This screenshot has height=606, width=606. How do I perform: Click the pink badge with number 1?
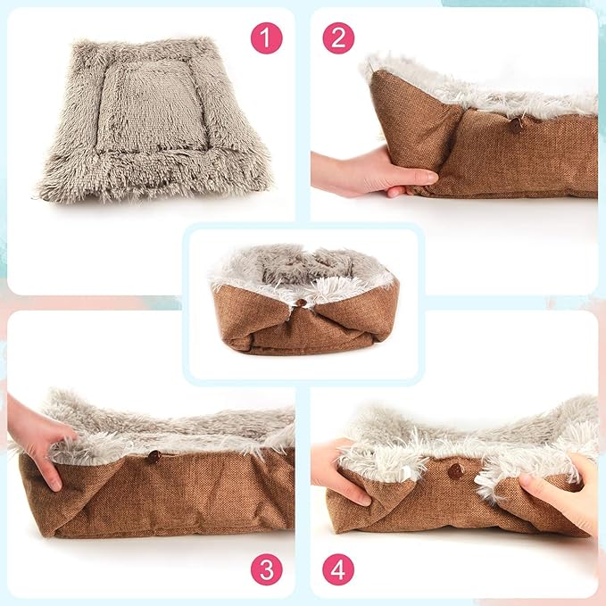tap(266, 37)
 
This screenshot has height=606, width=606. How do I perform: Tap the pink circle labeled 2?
tap(338, 37)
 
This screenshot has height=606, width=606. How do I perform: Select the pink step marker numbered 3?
tap(266, 569)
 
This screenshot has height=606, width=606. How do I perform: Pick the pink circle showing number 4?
tap(338, 569)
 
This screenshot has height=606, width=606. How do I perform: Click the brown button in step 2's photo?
tap(516, 126)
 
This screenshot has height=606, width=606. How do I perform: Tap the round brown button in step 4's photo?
tap(456, 470)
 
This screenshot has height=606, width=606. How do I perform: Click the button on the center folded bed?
tap(302, 303)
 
